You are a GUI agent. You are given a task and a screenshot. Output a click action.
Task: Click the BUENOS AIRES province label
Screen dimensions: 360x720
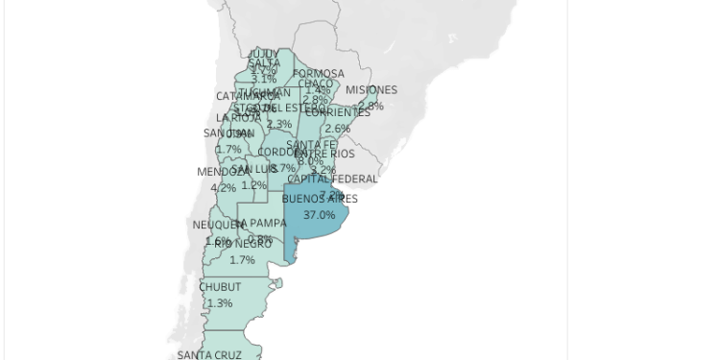[x=319, y=199]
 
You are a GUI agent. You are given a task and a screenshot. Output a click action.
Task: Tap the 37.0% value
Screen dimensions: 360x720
[x=319, y=215]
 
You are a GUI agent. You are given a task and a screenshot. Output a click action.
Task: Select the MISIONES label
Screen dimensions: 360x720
[x=371, y=90]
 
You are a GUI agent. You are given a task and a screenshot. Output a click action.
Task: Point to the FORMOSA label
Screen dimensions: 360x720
[x=319, y=74]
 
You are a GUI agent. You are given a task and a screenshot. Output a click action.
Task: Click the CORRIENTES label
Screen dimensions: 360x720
[x=338, y=112]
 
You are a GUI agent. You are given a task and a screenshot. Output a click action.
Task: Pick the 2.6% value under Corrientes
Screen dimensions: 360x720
[x=338, y=129]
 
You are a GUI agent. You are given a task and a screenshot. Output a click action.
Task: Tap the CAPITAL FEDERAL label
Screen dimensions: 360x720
[x=332, y=179]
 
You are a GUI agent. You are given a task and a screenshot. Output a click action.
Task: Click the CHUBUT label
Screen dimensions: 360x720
[x=220, y=286]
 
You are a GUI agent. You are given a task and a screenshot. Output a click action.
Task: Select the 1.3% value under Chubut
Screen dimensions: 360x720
[x=220, y=302]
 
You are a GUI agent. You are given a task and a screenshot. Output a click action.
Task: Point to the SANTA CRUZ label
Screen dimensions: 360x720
[x=209, y=354]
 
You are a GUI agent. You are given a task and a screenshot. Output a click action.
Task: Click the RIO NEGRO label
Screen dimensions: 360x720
[x=242, y=244]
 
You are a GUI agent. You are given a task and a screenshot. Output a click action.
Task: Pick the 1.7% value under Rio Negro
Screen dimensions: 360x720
[x=242, y=260]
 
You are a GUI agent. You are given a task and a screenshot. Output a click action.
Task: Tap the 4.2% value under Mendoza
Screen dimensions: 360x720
[x=223, y=188]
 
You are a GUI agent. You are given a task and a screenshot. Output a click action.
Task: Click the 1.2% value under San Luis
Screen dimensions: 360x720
[x=254, y=185]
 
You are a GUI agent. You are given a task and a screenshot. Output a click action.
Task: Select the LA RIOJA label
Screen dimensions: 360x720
[x=238, y=117]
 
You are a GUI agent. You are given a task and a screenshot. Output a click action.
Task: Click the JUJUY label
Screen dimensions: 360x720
[x=263, y=54]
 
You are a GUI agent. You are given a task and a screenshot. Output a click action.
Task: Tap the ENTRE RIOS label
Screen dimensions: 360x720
[x=324, y=154]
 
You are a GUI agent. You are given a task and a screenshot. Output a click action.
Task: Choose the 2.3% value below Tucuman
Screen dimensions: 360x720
[x=279, y=125]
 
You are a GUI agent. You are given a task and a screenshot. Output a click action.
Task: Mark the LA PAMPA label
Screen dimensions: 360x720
[x=261, y=223]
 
